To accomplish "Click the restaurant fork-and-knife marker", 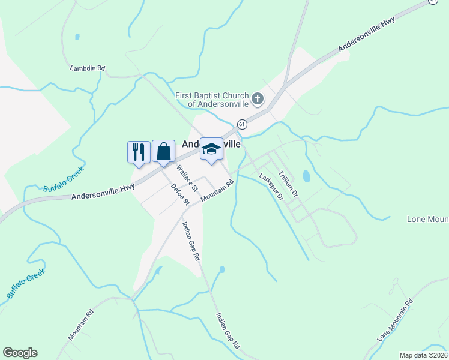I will pyautogui.click(x=139, y=151).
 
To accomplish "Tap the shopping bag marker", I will pyautogui.click(x=163, y=151).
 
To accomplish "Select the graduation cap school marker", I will pyautogui.click(x=211, y=149).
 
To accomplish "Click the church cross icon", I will pyautogui.click(x=257, y=98).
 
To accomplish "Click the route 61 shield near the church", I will pyautogui.click(x=241, y=124).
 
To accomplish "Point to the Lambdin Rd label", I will pyautogui.click(x=88, y=68).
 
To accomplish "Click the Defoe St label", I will pyautogui.click(x=176, y=193).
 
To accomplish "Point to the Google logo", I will pyautogui.click(x=20, y=353).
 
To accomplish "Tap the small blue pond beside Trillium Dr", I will pyautogui.click(x=307, y=176).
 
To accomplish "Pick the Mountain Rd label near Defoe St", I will pyautogui.click(x=217, y=191).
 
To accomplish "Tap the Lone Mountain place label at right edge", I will pyautogui.click(x=427, y=219).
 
